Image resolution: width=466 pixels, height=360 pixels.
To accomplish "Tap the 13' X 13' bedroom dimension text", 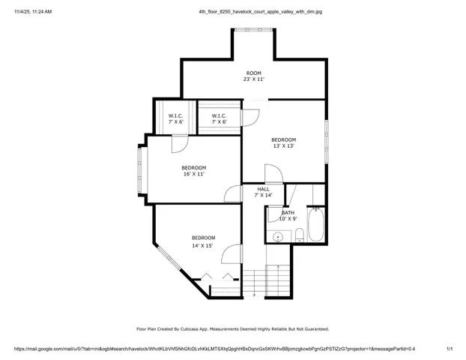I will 283,146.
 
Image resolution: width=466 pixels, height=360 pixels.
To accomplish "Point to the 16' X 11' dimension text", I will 193,174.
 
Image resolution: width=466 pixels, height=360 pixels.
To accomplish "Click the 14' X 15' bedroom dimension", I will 202,245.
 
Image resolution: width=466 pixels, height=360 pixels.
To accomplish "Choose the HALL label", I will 264,189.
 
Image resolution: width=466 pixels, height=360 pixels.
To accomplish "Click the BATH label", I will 288,212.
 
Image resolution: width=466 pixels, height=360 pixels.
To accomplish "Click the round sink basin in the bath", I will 278,236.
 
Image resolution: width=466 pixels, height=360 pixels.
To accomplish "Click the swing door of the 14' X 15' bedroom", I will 232,255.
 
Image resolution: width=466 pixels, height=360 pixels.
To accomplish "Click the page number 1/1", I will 449,349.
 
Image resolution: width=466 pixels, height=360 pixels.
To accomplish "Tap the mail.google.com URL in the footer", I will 214,349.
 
